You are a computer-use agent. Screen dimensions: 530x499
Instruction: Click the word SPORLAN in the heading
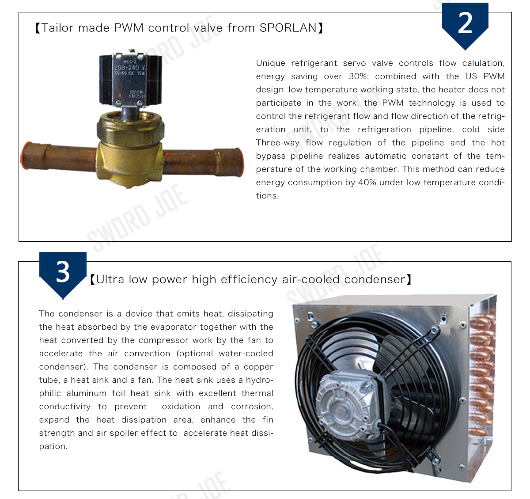point(288,28)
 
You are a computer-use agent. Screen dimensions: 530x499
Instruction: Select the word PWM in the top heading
point(129,28)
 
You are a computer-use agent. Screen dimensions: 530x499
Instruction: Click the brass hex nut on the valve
point(130,128)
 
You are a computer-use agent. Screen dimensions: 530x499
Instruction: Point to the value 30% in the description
point(359,76)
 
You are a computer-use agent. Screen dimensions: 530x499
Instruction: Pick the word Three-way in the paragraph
point(277,143)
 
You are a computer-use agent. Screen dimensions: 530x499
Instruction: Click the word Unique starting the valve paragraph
point(271,64)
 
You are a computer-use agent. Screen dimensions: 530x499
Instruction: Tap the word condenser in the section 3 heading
point(375,279)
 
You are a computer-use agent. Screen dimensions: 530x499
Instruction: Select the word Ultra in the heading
point(110,279)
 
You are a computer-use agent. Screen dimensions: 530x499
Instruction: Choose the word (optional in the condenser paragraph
point(194,354)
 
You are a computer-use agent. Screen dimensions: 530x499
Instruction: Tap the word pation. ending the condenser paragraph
point(53,446)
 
